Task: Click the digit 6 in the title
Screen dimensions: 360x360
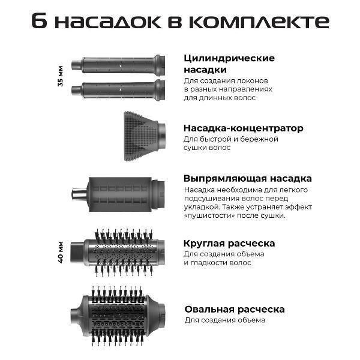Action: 39,22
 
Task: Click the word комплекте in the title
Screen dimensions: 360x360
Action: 259,22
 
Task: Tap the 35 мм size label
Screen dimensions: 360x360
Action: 61,76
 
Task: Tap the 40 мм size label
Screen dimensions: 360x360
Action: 61,252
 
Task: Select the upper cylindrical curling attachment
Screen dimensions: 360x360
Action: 118,65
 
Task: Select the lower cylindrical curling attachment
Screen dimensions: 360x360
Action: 118,90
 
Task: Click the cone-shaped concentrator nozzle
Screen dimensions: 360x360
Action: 145,136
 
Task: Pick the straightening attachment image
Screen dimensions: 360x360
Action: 118,194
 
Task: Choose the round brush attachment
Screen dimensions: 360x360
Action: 118,252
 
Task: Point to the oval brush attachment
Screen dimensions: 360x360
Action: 118,316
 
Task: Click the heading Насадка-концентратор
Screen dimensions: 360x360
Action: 244,128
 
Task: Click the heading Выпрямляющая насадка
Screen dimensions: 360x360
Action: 247,179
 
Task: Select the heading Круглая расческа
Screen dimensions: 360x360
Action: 229,244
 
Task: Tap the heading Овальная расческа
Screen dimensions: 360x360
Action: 235,310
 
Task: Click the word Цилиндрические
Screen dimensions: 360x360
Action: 229,58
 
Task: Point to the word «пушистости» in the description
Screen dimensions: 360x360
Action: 209,215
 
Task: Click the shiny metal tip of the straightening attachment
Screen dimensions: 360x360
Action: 79,194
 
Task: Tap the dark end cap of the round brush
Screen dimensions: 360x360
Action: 77,252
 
